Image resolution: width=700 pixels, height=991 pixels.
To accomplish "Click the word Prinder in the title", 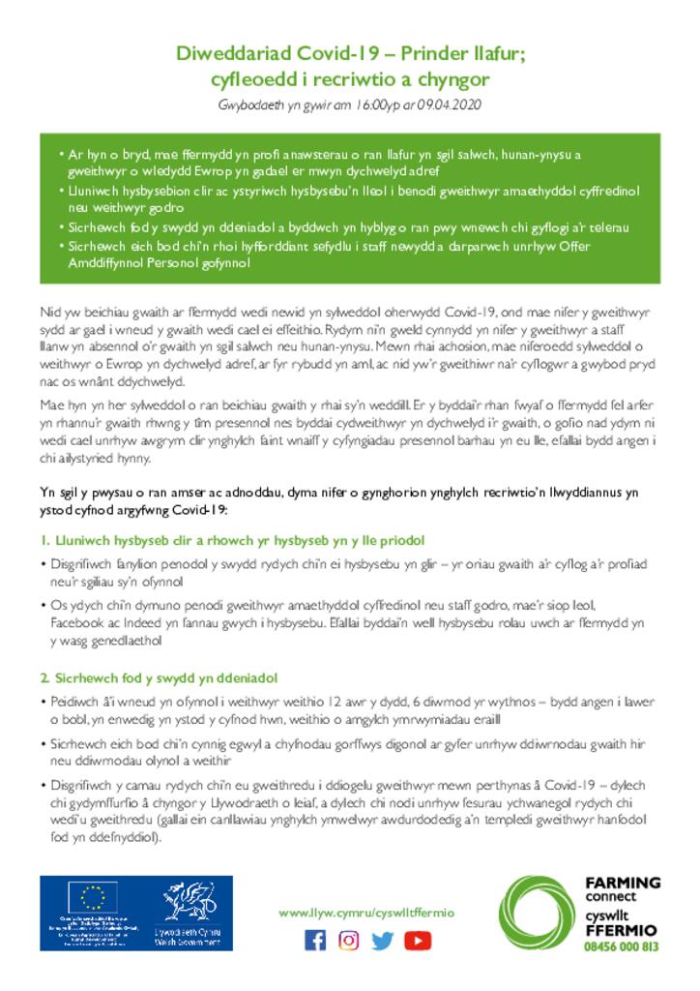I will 419,54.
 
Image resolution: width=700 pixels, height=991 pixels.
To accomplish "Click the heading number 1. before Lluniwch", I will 44,539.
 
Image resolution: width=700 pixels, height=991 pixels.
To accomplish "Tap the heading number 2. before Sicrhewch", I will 45,676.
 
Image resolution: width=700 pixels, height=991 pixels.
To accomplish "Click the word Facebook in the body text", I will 73,623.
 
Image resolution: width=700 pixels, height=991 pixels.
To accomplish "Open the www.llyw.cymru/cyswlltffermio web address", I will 365,913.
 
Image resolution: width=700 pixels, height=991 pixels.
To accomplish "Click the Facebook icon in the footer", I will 315,940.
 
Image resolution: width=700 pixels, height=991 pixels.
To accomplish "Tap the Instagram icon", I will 349,940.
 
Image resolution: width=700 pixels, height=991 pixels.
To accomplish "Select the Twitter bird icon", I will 383,940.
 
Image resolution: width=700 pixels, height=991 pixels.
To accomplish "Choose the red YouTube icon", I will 418,940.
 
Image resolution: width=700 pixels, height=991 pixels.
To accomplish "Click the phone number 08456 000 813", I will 622,946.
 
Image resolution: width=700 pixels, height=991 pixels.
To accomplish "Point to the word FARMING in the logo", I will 623,883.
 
